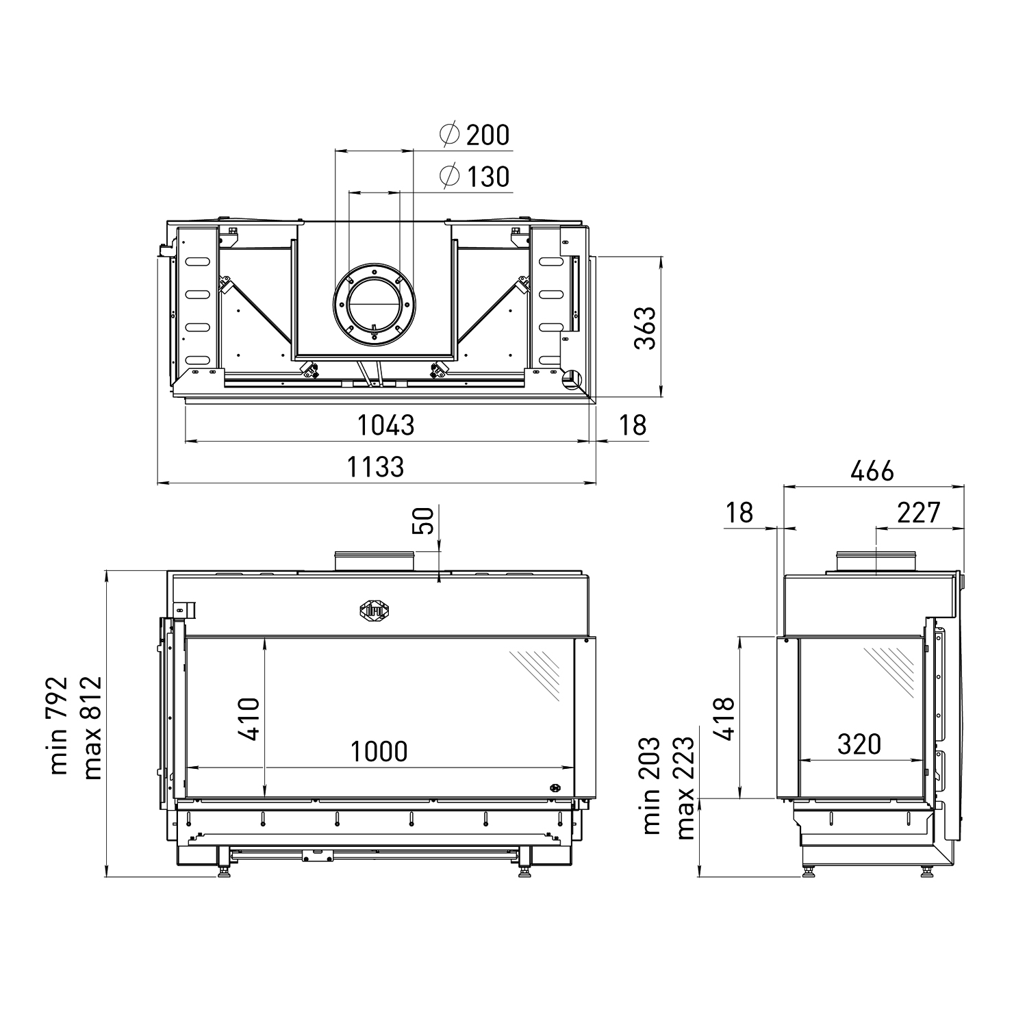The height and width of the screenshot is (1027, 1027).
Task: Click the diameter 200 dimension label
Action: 475,134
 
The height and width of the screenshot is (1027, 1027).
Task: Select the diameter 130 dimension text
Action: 475,177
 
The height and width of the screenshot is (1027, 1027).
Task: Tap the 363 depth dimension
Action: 645,328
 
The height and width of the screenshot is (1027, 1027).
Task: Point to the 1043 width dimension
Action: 386,425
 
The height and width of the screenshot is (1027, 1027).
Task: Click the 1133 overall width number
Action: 375,467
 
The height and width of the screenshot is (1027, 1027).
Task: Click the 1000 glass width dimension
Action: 379,752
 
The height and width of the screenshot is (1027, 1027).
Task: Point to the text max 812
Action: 92,728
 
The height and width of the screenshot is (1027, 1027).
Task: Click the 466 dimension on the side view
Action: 872,471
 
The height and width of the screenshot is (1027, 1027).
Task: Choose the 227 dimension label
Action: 918,512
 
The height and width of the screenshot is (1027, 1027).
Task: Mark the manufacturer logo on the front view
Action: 375,609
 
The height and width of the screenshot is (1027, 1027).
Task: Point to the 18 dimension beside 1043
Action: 632,425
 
